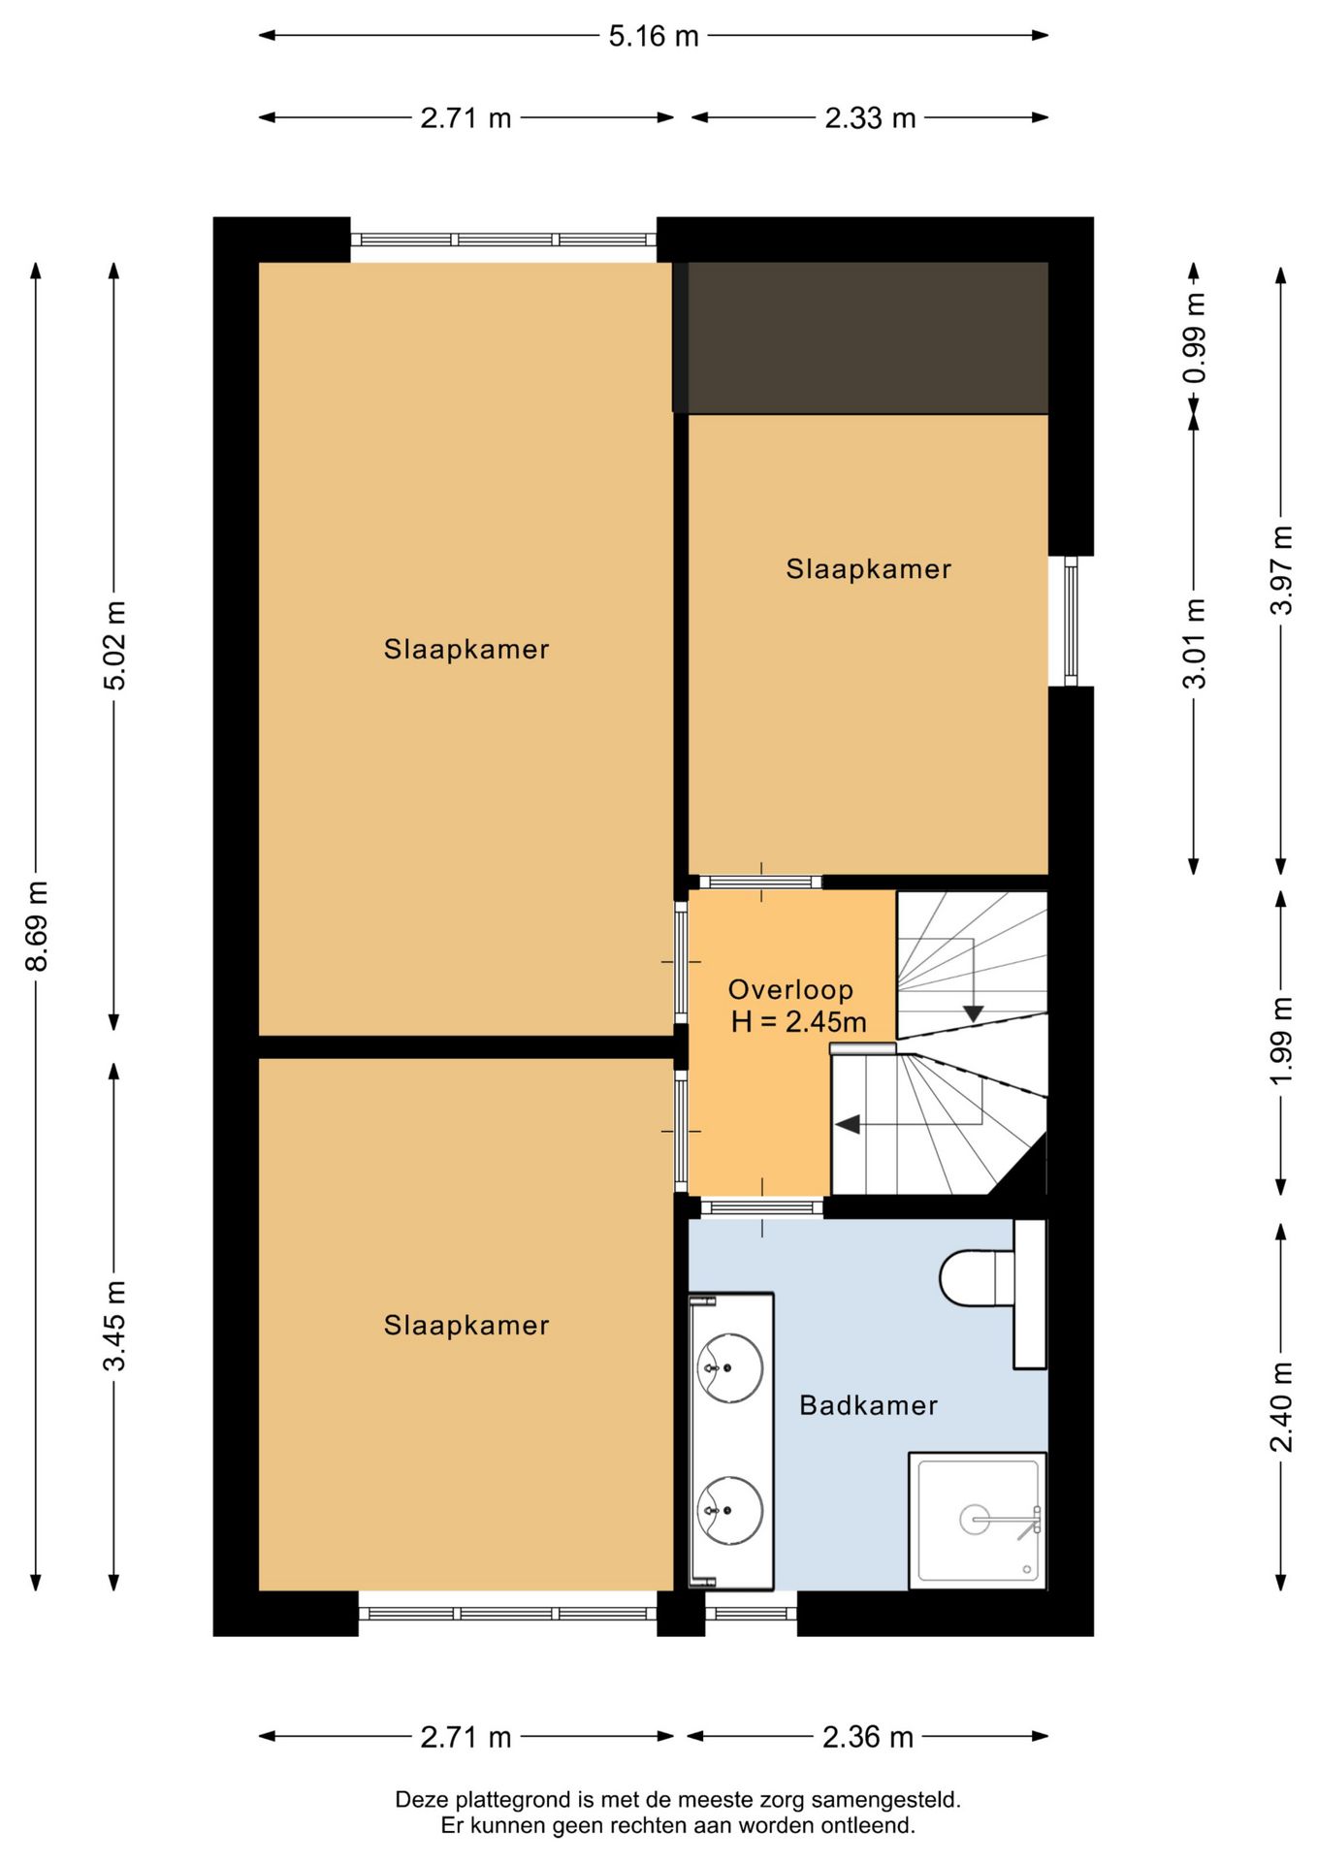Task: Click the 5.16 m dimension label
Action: (654, 36)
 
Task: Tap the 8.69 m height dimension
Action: (37, 925)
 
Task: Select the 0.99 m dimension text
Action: (1195, 337)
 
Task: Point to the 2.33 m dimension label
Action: (870, 118)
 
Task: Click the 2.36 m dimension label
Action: (868, 1737)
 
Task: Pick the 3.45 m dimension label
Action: (114, 1326)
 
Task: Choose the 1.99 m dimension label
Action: (1281, 1041)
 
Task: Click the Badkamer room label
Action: (868, 1405)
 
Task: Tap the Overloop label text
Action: (790, 989)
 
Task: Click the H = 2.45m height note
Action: (798, 1021)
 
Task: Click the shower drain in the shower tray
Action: (974, 1520)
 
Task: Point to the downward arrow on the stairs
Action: (973, 1014)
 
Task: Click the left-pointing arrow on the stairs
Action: (848, 1125)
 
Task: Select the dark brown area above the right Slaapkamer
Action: (861, 337)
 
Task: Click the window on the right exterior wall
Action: (1071, 621)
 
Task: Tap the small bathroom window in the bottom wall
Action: (751, 1614)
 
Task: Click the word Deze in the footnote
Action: (422, 1800)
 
